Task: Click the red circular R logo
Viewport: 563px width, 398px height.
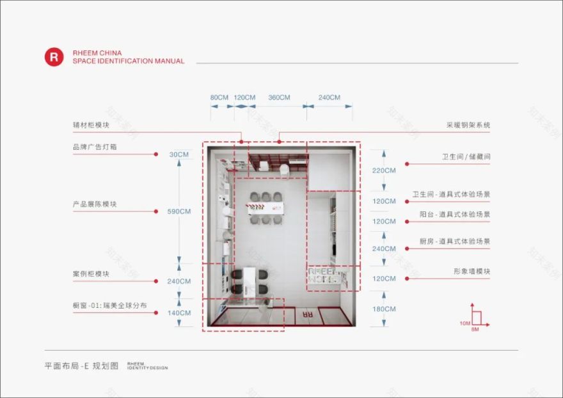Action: coord(54,57)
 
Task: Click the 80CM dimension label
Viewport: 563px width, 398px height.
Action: coord(219,98)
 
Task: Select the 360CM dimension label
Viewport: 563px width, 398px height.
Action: coord(279,98)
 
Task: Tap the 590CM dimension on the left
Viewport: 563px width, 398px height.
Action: coord(179,211)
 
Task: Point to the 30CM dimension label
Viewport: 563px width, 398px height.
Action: coord(179,155)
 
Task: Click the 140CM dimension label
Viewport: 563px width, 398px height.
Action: coord(179,313)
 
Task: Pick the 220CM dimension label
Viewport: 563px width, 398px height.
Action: coord(384,171)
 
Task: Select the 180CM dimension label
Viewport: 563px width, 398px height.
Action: coord(384,309)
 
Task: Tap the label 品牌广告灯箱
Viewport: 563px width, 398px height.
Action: coord(94,147)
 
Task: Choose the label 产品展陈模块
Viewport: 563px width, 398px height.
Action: coord(94,204)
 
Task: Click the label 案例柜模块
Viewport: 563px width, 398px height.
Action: coord(90,273)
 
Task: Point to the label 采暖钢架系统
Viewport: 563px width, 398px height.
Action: coord(468,125)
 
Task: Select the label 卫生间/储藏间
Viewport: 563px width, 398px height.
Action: coord(466,157)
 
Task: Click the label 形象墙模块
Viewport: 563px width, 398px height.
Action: coord(472,272)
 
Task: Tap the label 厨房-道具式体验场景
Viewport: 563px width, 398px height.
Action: coord(455,241)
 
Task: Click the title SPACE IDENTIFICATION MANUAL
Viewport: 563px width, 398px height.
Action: coord(128,61)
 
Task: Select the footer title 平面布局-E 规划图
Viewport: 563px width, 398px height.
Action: coord(81,366)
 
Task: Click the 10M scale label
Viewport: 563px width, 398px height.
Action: coord(465,323)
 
